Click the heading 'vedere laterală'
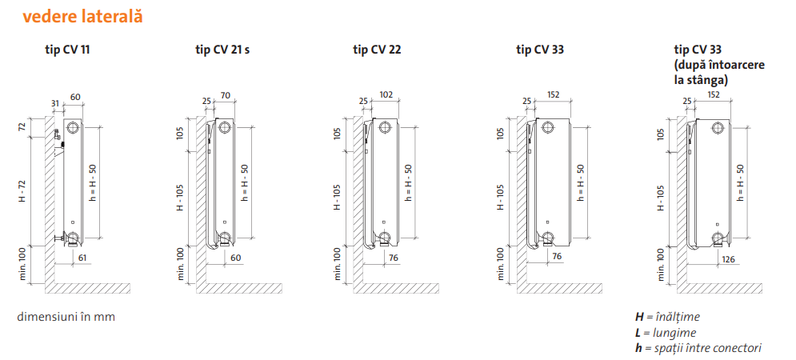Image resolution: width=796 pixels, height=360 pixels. click(82, 16)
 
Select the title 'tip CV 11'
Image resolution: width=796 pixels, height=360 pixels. click(67, 50)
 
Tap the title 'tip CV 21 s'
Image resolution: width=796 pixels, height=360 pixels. click(222, 50)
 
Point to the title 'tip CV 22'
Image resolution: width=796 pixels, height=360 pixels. click(377, 50)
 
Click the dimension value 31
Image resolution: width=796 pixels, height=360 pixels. click(55, 102)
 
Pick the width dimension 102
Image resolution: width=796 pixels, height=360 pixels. click(386, 94)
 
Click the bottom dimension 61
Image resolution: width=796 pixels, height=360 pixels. click(82, 258)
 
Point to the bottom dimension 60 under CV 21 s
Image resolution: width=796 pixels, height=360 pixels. click(235, 258)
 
